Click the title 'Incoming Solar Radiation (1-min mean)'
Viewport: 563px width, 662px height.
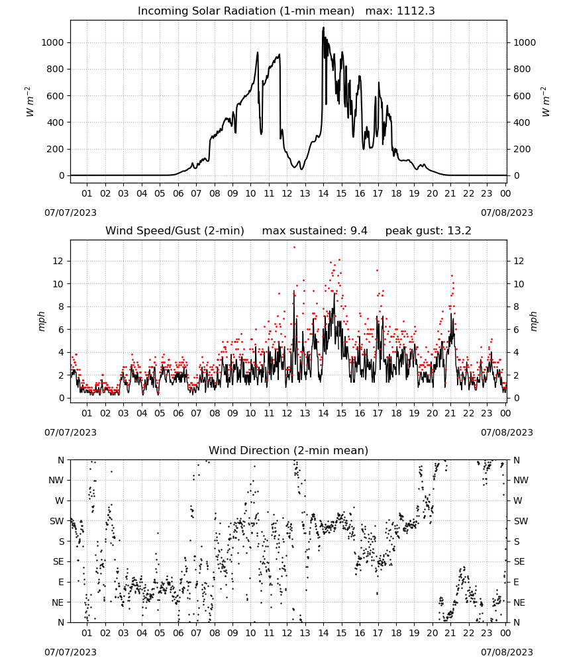pyautogui.click(x=246, y=11)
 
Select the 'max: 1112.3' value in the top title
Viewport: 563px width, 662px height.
pyautogui.click(x=400, y=11)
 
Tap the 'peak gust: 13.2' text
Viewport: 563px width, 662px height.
pyautogui.click(x=428, y=231)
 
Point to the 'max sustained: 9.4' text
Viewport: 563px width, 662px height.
pyautogui.click(x=315, y=231)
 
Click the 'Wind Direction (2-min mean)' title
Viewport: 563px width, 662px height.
pyautogui.click(x=289, y=450)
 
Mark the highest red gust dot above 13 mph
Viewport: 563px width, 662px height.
pyautogui.click(x=294, y=248)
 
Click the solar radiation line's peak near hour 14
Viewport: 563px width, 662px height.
pyautogui.click(x=323, y=27)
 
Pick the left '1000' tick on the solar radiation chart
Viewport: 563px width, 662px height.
pyautogui.click(x=52, y=42)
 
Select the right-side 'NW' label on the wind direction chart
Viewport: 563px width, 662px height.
pyautogui.click(x=521, y=481)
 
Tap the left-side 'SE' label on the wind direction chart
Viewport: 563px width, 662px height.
pyautogui.click(x=58, y=562)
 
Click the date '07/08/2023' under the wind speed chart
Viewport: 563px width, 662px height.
pyautogui.click(x=507, y=432)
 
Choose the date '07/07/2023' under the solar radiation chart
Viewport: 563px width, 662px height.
pyautogui.click(x=70, y=213)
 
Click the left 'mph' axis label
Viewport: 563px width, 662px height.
pyautogui.click(x=41, y=321)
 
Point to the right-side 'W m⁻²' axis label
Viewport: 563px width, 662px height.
pyautogui.click(x=545, y=102)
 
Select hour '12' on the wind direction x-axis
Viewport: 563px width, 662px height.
pyautogui.click(x=287, y=633)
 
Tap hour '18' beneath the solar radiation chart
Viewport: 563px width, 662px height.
pyautogui.click(x=396, y=193)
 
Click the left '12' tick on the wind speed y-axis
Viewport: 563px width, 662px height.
pyautogui.click(x=58, y=261)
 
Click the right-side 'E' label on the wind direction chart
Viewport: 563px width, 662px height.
pyautogui.click(x=516, y=583)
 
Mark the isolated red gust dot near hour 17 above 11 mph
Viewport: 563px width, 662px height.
pyautogui.click(x=377, y=271)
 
